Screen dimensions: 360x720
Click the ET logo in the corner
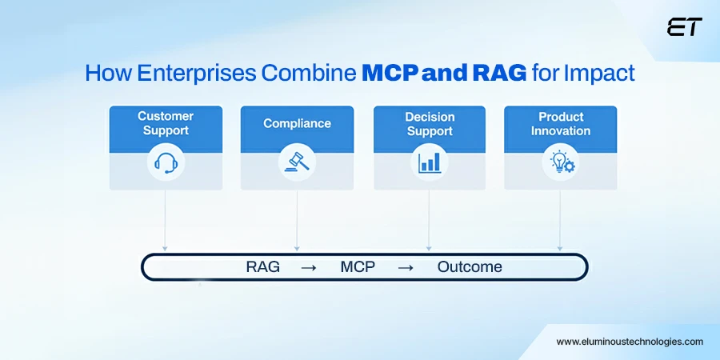[683, 27]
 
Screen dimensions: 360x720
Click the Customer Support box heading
[166, 123]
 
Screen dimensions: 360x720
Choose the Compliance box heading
[297, 123]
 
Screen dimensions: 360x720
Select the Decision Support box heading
[429, 123]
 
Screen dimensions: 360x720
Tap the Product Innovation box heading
[560, 123]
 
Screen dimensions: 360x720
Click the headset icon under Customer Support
[166, 163]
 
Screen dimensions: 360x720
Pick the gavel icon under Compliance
[297, 163]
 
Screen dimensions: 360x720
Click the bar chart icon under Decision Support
[429, 163]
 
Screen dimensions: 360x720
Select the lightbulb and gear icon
[560, 163]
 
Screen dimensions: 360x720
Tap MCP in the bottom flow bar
[356, 267]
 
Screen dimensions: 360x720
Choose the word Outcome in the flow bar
[470, 267]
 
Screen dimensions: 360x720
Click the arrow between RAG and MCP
[308, 267]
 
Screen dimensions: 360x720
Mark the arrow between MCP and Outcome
[406, 267]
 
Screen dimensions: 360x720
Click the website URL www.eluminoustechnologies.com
[630, 342]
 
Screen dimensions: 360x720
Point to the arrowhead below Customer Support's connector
[166, 248]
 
